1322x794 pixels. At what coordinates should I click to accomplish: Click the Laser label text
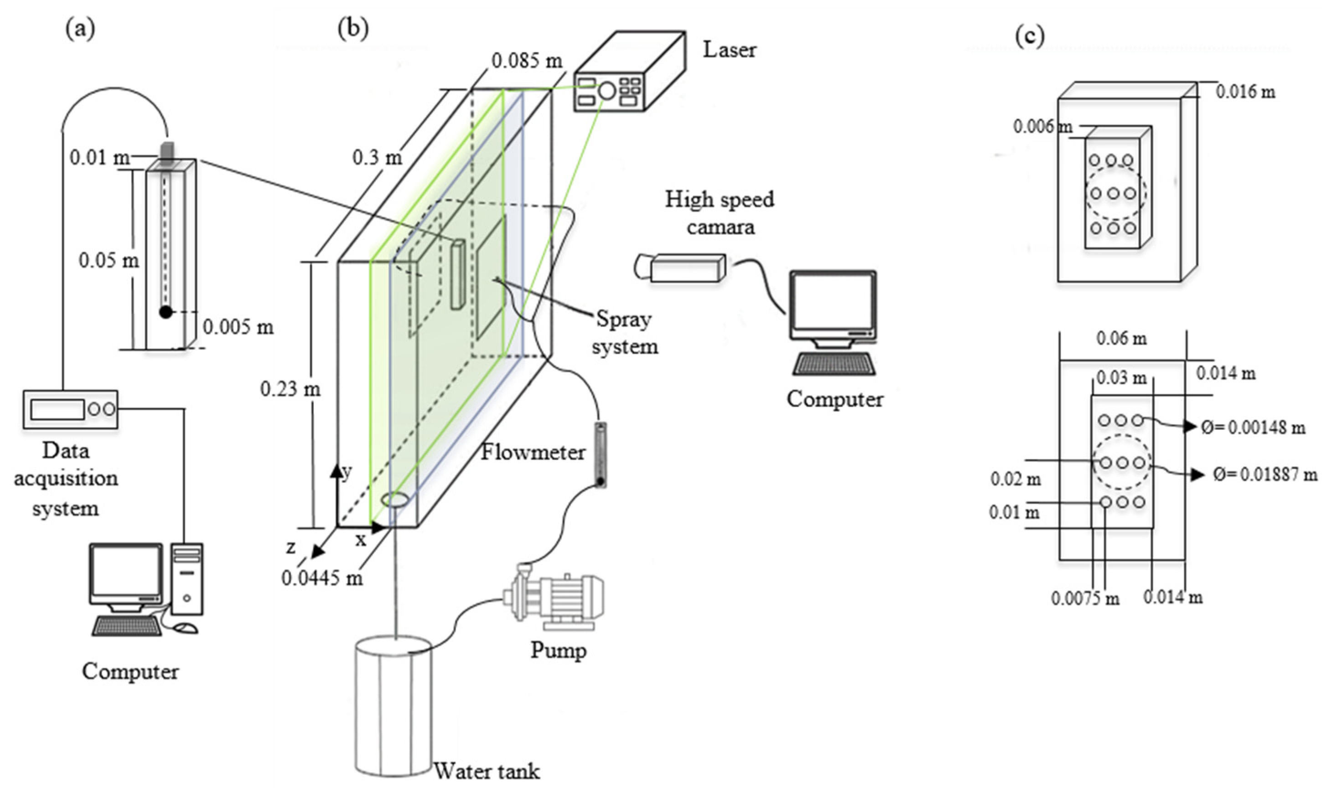coord(730,50)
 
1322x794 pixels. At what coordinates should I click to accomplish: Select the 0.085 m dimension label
coord(527,61)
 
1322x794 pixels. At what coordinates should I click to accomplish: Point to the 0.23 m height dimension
coord(290,389)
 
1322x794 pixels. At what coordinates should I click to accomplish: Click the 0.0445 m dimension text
coord(322,578)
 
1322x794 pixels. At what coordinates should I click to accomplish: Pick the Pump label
coord(558,650)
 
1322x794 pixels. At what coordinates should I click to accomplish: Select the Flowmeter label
coord(533,453)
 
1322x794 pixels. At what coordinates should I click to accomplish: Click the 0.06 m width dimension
coord(1121,339)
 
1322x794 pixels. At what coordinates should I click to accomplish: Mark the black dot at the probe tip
coord(166,312)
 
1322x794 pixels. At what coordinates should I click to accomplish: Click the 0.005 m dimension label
coord(238,326)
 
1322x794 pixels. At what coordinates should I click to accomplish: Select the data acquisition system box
coord(70,409)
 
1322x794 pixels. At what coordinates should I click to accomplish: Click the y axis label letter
coord(347,471)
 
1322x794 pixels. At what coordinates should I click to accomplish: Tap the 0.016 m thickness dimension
coord(1245,92)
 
